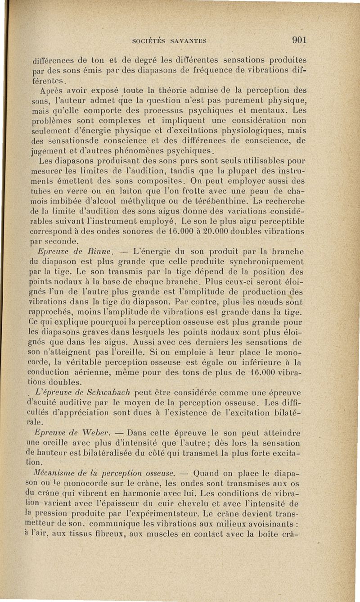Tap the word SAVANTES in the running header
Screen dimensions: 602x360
[x=187, y=40]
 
